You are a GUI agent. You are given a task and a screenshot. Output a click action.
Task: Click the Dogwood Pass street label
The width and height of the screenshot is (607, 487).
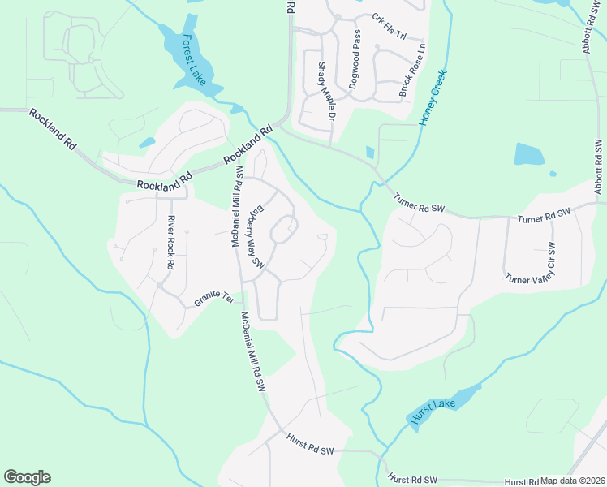click(x=354, y=59)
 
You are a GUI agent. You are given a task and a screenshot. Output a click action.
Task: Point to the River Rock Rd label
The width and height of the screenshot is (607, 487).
click(x=171, y=243)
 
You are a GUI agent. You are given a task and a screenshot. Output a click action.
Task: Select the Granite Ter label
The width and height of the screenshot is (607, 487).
click(x=213, y=300)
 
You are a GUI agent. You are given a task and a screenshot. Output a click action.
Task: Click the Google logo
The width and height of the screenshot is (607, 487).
click(x=27, y=477)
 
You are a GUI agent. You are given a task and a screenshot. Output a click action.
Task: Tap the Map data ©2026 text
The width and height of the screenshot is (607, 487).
click(x=573, y=481)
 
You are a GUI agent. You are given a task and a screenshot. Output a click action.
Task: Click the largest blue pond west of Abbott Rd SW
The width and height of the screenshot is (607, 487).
click(x=529, y=153)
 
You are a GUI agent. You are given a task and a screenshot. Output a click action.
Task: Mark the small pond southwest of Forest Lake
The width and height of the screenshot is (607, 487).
click(x=147, y=143)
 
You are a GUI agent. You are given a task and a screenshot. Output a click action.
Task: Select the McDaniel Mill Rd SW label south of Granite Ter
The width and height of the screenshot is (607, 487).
click(x=252, y=352)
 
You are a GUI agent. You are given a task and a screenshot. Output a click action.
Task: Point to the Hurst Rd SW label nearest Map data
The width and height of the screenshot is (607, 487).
click(x=412, y=480)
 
